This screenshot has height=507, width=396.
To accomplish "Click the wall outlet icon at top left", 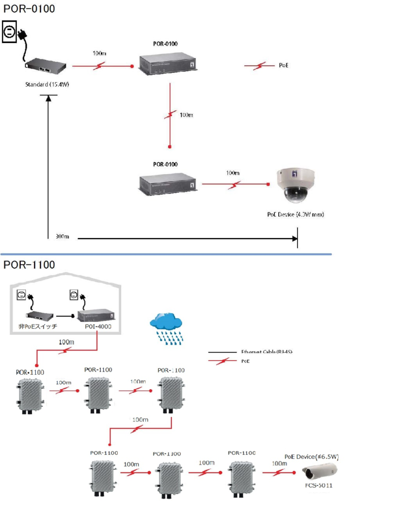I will click(x=10, y=32).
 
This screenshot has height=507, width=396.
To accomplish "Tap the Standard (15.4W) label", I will click(x=47, y=85).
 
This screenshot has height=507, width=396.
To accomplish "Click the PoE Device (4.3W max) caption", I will click(x=295, y=215).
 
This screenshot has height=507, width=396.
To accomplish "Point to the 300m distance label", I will click(x=62, y=237).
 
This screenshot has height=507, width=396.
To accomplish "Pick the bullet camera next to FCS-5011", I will click(x=320, y=470).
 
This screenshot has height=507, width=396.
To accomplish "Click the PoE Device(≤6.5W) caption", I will click(x=311, y=456).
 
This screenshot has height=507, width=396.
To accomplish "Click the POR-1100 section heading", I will click(x=29, y=265).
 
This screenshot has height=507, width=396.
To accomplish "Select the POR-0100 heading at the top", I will click(x=29, y=8).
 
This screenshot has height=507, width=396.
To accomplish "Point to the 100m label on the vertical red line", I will click(x=186, y=115).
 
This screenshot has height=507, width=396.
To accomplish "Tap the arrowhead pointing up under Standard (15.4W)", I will click(x=48, y=98).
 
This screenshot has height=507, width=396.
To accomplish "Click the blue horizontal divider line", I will click(x=166, y=254).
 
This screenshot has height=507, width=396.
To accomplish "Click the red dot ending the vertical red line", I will click(x=170, y=147).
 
